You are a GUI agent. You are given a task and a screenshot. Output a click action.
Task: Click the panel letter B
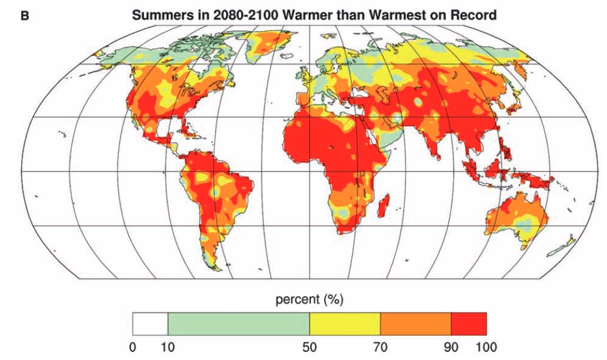click(25, 15)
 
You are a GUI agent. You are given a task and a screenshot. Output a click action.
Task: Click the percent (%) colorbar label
click(309, 300)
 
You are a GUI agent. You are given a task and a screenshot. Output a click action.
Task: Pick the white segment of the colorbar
click(150, 324)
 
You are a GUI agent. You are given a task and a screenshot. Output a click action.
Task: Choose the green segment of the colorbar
click(238, 324)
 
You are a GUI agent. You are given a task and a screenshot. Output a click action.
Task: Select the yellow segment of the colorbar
click(345, 324)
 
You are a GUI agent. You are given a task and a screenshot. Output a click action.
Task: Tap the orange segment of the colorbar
click(415, 324)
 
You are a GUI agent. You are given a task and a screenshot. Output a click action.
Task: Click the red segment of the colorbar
click(469, 324)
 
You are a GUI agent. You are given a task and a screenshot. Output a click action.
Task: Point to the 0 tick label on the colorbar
click(132, 347)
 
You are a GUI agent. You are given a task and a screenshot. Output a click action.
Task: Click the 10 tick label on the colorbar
click(167, 347)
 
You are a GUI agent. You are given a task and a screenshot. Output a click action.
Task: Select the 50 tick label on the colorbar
click(309, 347)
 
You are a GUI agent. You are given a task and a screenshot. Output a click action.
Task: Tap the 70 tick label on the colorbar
click(380, 347)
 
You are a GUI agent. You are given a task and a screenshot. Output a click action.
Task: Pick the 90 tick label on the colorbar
click(451, 347)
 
